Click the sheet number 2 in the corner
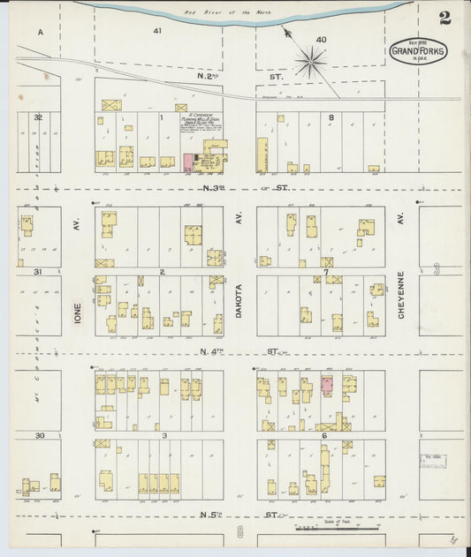point(444,18)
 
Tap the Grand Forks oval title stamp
point(418,51)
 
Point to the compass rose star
point(311,62)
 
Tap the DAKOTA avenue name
point(239,300)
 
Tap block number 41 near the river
point(157,30)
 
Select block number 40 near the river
point(321,39)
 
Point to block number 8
point(331,117)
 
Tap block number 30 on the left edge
point(39,435)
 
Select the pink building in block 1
point(187,162)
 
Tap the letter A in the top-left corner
point(41,32)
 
